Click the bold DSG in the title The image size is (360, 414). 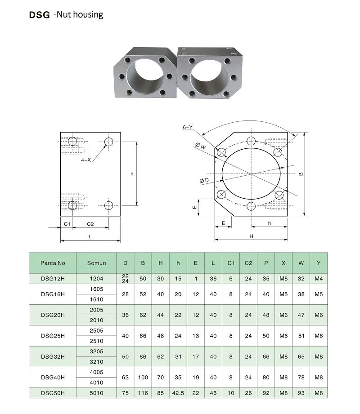40,15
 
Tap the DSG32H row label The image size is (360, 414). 53,357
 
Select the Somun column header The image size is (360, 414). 96,263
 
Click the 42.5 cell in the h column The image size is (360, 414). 178,393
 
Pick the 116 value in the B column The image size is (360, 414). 143,393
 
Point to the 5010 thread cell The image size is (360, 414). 96,393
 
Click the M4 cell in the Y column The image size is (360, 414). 319,279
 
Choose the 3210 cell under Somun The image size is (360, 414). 96,362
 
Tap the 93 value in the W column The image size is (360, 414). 301,393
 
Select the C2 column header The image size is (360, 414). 248,263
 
